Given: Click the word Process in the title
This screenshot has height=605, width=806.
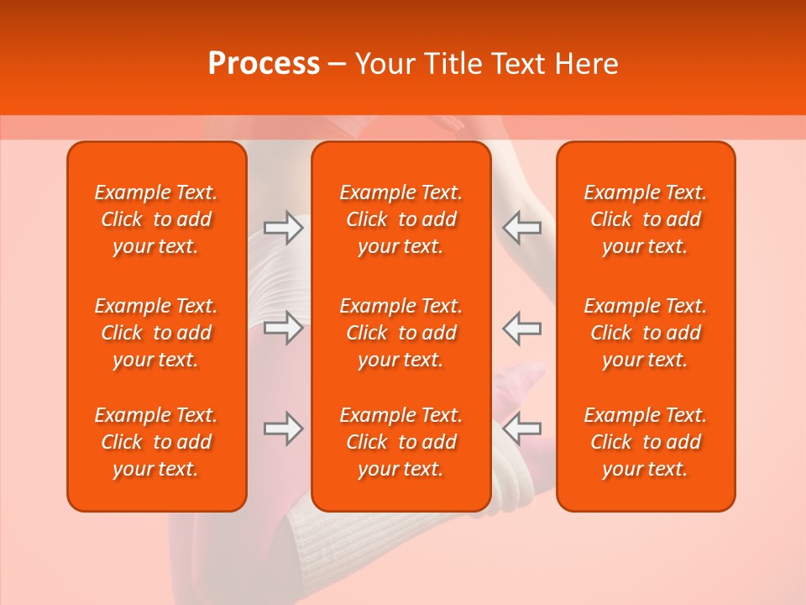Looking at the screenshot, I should point(264,64).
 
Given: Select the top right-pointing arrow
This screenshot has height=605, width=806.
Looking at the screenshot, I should point(283,228).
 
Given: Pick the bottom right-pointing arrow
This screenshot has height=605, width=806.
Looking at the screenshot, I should point(283,429).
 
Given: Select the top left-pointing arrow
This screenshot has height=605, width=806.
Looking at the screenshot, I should point(522,228).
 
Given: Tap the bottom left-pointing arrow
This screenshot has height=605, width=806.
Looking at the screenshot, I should point(522,429).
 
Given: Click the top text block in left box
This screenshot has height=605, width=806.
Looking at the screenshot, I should point(156,219).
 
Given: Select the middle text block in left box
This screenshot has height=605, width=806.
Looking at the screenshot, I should point(156,333).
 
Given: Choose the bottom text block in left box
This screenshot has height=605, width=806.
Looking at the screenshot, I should point(156,442).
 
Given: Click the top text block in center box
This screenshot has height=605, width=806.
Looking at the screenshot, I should point(401,219).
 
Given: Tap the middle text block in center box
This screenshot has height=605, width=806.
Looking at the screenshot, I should point(401,333).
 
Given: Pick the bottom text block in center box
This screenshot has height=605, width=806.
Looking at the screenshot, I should point(401,442).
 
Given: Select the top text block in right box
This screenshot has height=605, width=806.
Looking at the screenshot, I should point(646,219).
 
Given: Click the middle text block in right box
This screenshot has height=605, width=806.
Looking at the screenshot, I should point(646,333).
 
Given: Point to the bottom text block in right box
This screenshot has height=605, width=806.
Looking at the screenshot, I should point(646,442).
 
